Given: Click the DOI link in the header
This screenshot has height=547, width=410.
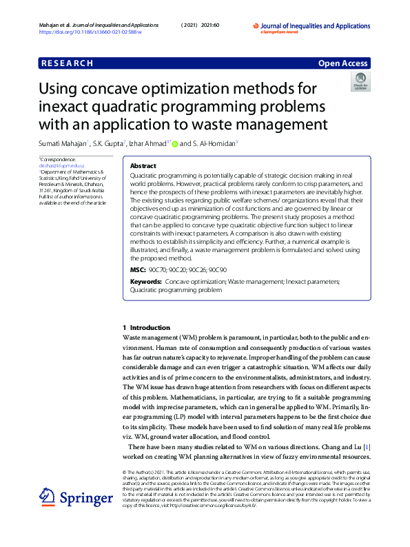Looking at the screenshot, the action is [89, 32].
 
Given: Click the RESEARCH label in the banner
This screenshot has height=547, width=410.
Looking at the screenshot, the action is [68, 63].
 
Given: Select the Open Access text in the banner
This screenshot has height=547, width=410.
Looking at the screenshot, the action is [343, 63].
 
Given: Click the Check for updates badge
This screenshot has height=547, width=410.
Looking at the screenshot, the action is [360, 82].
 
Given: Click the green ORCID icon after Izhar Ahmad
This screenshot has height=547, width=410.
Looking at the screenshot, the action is [175, 144].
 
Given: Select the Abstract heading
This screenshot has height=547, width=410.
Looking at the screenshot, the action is [143, 166].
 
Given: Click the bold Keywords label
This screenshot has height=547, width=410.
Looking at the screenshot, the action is [145, 282].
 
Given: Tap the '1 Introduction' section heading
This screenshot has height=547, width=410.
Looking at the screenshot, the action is [145, 327].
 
